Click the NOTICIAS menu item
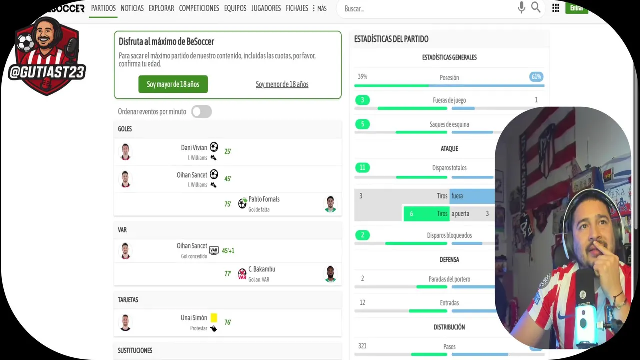click(132, 8)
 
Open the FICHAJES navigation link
click(297, 8)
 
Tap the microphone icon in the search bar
click(521, 8)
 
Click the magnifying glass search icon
click(536, 8)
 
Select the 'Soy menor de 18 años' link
click(282, 84)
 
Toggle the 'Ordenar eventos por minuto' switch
click(202, 112)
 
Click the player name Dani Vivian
click(194, 148)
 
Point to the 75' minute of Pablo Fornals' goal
click(228, 204)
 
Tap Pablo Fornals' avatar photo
click(330, 204)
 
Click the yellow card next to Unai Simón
click(214, 318)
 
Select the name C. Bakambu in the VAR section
click(262, 269)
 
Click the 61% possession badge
click(536, 77)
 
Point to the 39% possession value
click(362, 77)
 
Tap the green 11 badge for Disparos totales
click(362, 168)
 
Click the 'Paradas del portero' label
click(449, 279)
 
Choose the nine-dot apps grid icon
click(556, 8)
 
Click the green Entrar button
click(576, 8)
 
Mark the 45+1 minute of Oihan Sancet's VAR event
click(228, 251)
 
